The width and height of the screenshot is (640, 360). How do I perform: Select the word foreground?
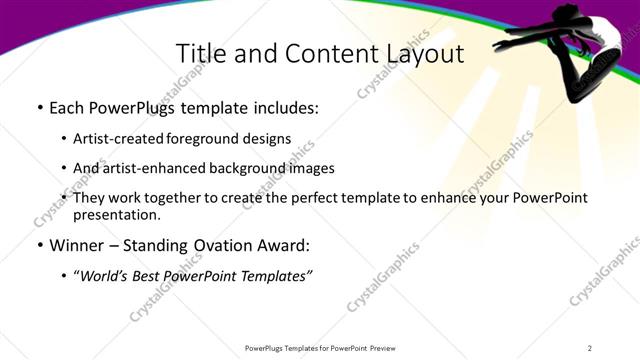coord(208,139)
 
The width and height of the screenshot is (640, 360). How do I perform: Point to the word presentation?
coord(117,214)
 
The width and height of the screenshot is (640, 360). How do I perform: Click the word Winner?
coord(78,245)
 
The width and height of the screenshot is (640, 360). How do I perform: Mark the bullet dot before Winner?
coord(39,245)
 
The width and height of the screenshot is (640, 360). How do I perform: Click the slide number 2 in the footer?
coord(589,348)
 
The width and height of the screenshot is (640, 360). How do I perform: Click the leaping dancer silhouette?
coord(581,45)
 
